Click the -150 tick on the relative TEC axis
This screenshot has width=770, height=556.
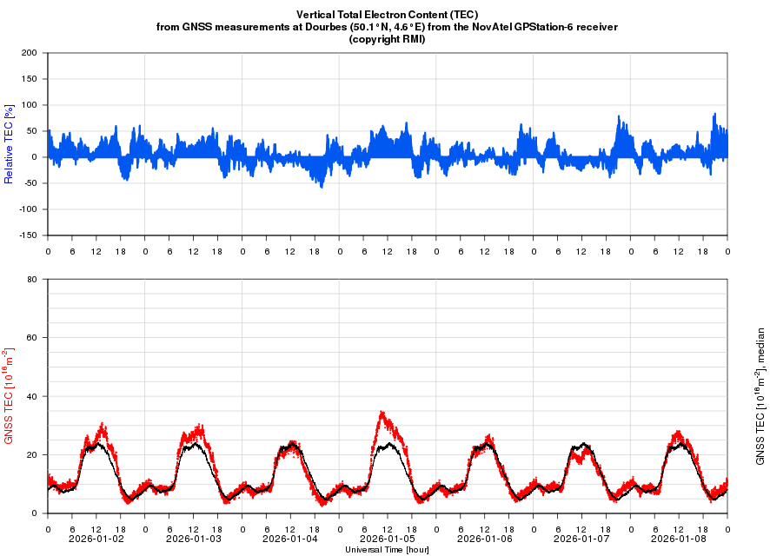click(29, 235)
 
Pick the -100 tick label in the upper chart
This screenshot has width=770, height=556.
click(29, 209)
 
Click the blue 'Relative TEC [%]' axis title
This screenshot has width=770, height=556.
click(10, 144)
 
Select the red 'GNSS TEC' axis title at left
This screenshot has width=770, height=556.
click(10, 396)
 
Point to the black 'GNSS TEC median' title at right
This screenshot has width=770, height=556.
click(760, 396)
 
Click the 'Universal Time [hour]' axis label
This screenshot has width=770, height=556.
click(387, 550)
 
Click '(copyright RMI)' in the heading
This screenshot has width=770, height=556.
click(387, 39)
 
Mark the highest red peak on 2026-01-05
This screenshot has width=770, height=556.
click(381, 413)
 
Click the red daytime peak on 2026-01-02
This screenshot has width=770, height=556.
click(103, 424)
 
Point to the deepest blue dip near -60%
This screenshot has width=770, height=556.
click(322, 187)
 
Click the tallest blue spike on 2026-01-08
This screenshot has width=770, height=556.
click(714, 114)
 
